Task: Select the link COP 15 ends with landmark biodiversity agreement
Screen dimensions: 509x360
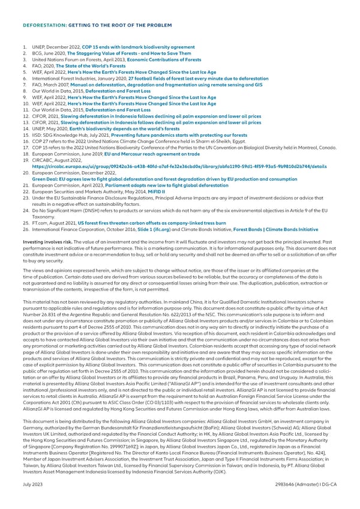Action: [x=134, y=47]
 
